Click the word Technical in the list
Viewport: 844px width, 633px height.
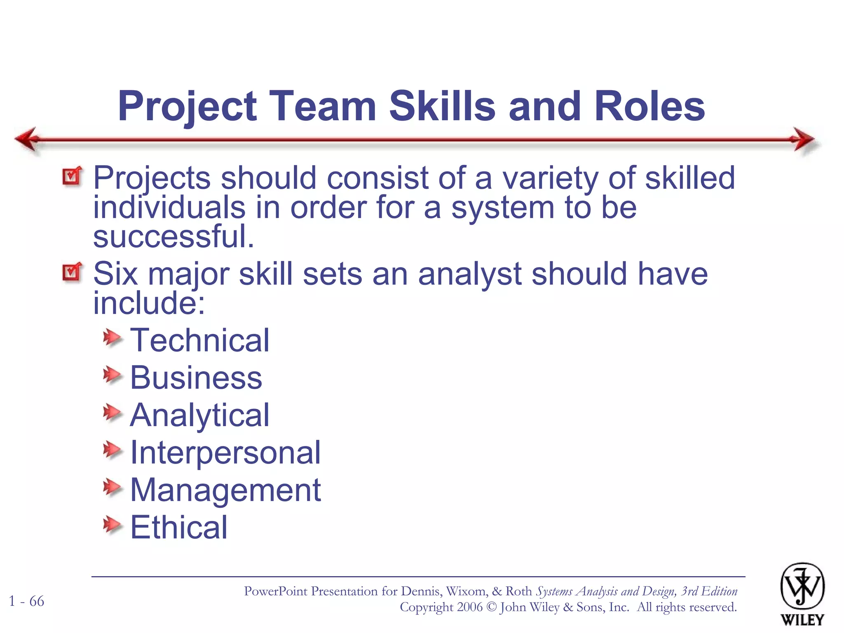[x=199, y=340]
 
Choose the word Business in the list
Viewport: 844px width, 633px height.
[x=196, y=378]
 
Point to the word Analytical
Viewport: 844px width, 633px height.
[x=199, y=415]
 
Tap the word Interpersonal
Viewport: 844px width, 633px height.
[x=225, y=452]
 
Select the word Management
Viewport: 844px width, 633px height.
[x=225, y=490]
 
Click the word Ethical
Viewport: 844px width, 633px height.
[x=178, y=527]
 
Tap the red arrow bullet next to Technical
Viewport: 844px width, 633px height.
[x=112, y=338]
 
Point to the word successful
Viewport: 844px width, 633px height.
[x=173, y=237]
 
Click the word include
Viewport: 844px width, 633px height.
[x=148, y=303]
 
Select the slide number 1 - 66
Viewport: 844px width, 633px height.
[x=26, y=601]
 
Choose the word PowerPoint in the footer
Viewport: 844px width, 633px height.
[x=275, y=591]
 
